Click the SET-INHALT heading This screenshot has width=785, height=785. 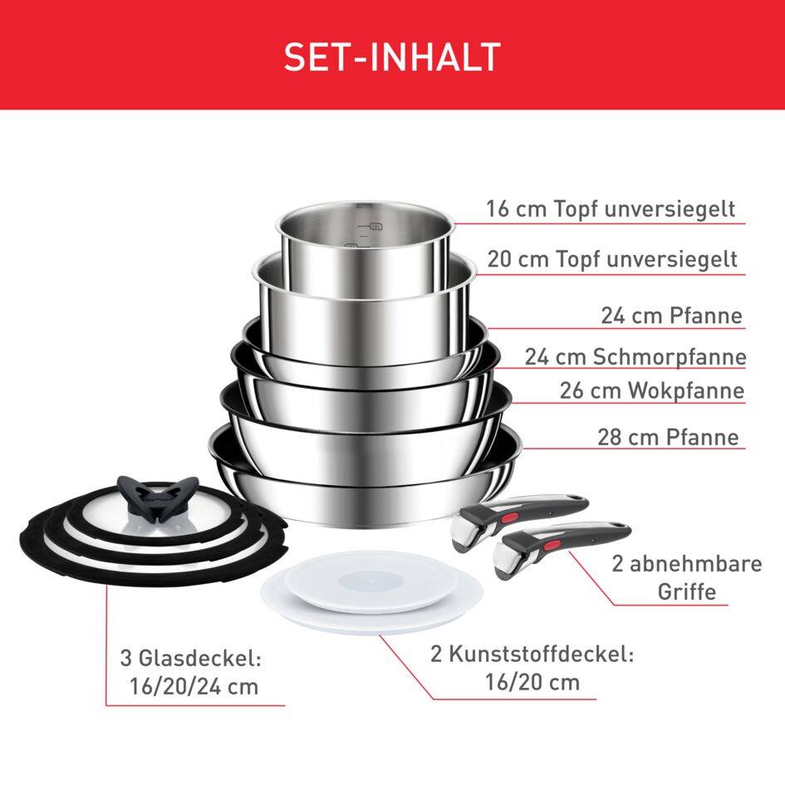pyautogui.click(x=392, y=56)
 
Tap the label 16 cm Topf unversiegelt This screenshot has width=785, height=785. pyautogui.click(x=611, y=209)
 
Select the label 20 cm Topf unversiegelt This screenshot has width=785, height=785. pyautogui.click(x=612, y=259)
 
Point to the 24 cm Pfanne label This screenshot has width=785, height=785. pyautogui.click(x=671, y=316)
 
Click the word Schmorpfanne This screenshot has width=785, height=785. pyautogui.click(x=670, y=357)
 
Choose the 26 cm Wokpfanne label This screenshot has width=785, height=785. pyautogui.click(x=652, y=390)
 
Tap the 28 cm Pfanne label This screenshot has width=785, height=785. pyautogui.click(x=668, y=437)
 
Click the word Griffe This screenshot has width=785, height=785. pyautogui.click(x=686, y=592)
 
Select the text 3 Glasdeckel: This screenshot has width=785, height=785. pyautogui.click(x=191, y=660)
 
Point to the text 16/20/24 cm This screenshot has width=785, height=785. pyautogui.click(x=194, y=687)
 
